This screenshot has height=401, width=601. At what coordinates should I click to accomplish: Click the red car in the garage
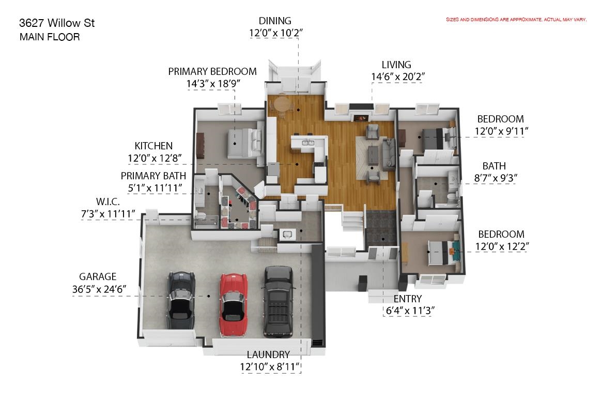pyautogui.click(x=233, y=300)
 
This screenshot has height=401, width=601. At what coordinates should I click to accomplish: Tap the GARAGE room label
pyautogui.click(x=98, y=276)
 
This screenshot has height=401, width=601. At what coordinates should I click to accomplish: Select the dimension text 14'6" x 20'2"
pyautogui.click(x=398, y=77)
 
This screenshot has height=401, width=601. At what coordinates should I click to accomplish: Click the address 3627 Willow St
pyautogui.click(x=57, y=23)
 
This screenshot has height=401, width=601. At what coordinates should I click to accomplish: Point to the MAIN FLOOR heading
pyautogui.click(x=50, y=37)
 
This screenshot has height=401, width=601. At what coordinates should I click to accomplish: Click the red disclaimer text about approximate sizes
pyautogui.click(x=516, y=20)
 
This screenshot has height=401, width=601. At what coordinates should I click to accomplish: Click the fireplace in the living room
pyautogui.click(x=361, y=118)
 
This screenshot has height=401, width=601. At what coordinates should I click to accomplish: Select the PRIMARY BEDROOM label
pyautogui.click(x=212, y=72)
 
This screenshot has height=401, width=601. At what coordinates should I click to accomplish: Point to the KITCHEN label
pyautogui.click(x=153, y=146)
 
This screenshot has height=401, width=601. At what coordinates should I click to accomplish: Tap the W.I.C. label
pyautogui.click(x=107, y=202)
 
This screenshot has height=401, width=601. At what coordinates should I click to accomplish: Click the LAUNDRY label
pyautogui.click(x=268, y=354)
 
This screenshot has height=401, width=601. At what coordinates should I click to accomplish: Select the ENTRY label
pyautogui.click(x=407, y=299)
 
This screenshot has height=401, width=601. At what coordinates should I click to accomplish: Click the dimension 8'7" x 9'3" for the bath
pyautogui.click(x=496, y=178)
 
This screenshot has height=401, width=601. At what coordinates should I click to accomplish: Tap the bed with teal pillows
pyautogui.click(x=444, y=252)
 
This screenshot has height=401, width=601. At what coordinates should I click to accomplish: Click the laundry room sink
pyautogui.click(x=286, y=234)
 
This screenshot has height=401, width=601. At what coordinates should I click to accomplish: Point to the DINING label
pyautogui.click(x=275, y=21)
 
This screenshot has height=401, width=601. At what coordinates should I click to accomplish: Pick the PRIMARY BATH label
pyautogui.click(x=153, y=176)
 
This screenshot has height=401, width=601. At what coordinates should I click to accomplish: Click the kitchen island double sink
pyautogui.click(x=309, y=143)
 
